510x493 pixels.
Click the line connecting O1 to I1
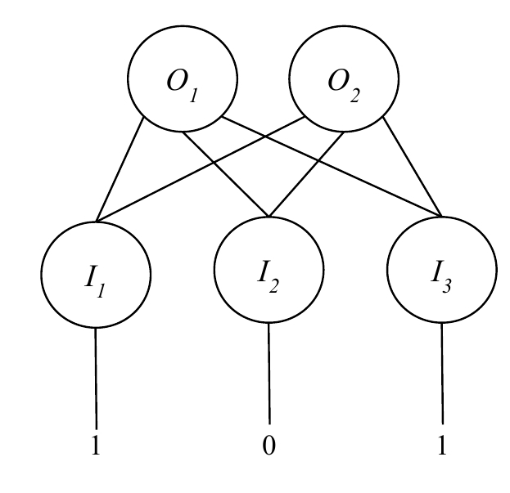120,169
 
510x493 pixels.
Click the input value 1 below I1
97,447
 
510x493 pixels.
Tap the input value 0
269,447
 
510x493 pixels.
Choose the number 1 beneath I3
443,447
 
